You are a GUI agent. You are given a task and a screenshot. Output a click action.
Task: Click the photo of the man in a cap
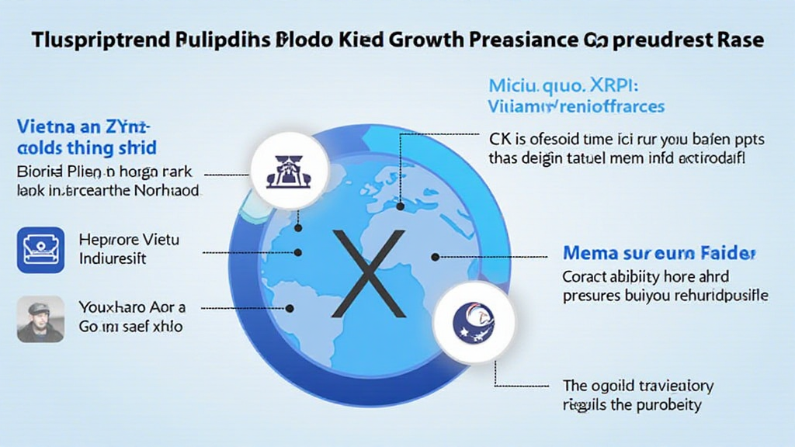[x=40, y=318]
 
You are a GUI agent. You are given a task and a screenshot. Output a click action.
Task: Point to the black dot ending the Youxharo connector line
[x=290, y=307]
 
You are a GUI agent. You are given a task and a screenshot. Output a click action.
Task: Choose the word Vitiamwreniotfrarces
[x=575, y=106]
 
